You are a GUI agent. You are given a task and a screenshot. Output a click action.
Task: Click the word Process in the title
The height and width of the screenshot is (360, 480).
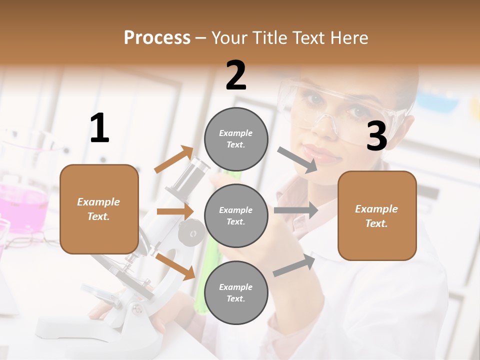(x=157, y=38)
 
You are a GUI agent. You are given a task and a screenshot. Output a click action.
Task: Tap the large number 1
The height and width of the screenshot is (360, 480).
(x=99, y=128)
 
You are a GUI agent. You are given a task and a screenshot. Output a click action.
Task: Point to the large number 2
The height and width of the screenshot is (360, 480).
(x=236, y=75)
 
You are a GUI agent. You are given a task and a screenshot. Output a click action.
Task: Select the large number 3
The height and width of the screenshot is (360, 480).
(x=376, y=136)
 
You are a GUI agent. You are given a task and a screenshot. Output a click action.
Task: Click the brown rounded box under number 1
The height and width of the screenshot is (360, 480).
(x=99, y=209)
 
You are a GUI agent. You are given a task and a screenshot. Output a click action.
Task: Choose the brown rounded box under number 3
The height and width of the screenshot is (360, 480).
(x=377, y=215)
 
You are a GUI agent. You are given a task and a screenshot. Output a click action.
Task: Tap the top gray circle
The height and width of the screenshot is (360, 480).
(x=236, y=138)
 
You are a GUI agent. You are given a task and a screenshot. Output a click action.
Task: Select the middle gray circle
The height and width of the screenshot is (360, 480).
(x=236, y=215)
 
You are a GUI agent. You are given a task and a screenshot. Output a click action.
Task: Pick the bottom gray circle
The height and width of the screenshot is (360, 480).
(x=236, y=292)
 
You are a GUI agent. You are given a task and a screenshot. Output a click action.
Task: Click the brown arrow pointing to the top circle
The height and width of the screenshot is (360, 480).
(x=174, y=159)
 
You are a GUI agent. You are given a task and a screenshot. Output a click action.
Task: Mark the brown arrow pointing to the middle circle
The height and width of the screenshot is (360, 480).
(x=175, y=211)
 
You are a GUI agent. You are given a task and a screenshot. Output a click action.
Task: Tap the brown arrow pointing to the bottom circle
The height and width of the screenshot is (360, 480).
(x=175, y=266)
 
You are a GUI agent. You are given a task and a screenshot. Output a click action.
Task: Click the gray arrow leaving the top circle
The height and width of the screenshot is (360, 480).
(x=297, y=159)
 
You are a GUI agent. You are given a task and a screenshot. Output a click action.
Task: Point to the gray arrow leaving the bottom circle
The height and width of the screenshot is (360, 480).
(x=294, y=265)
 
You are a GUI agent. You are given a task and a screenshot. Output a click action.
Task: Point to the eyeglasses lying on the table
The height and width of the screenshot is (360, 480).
(x=30, y=242)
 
